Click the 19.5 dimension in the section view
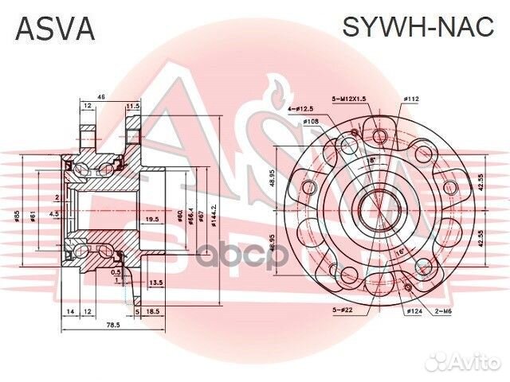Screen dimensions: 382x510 [151, 219]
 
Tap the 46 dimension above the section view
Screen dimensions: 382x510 [100, 96]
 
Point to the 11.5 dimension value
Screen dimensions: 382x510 [133, 105]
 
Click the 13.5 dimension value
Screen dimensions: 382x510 [156, 282]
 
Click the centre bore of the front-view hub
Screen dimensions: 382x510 [373, 210]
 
